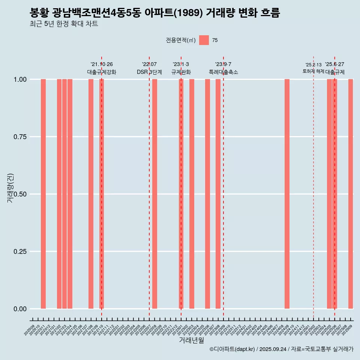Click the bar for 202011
43,194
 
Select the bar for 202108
91,194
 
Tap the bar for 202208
154,194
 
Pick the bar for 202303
192,194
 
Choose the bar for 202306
207,194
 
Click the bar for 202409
287,194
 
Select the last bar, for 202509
351,194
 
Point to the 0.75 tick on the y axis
20,137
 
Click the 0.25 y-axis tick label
20,252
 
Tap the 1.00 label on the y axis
20,79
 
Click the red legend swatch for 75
204,40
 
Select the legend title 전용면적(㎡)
181,40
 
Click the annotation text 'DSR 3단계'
149,72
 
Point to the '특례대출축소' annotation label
223,72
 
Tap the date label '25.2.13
313,65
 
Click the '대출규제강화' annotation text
102,72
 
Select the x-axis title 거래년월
192,340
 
